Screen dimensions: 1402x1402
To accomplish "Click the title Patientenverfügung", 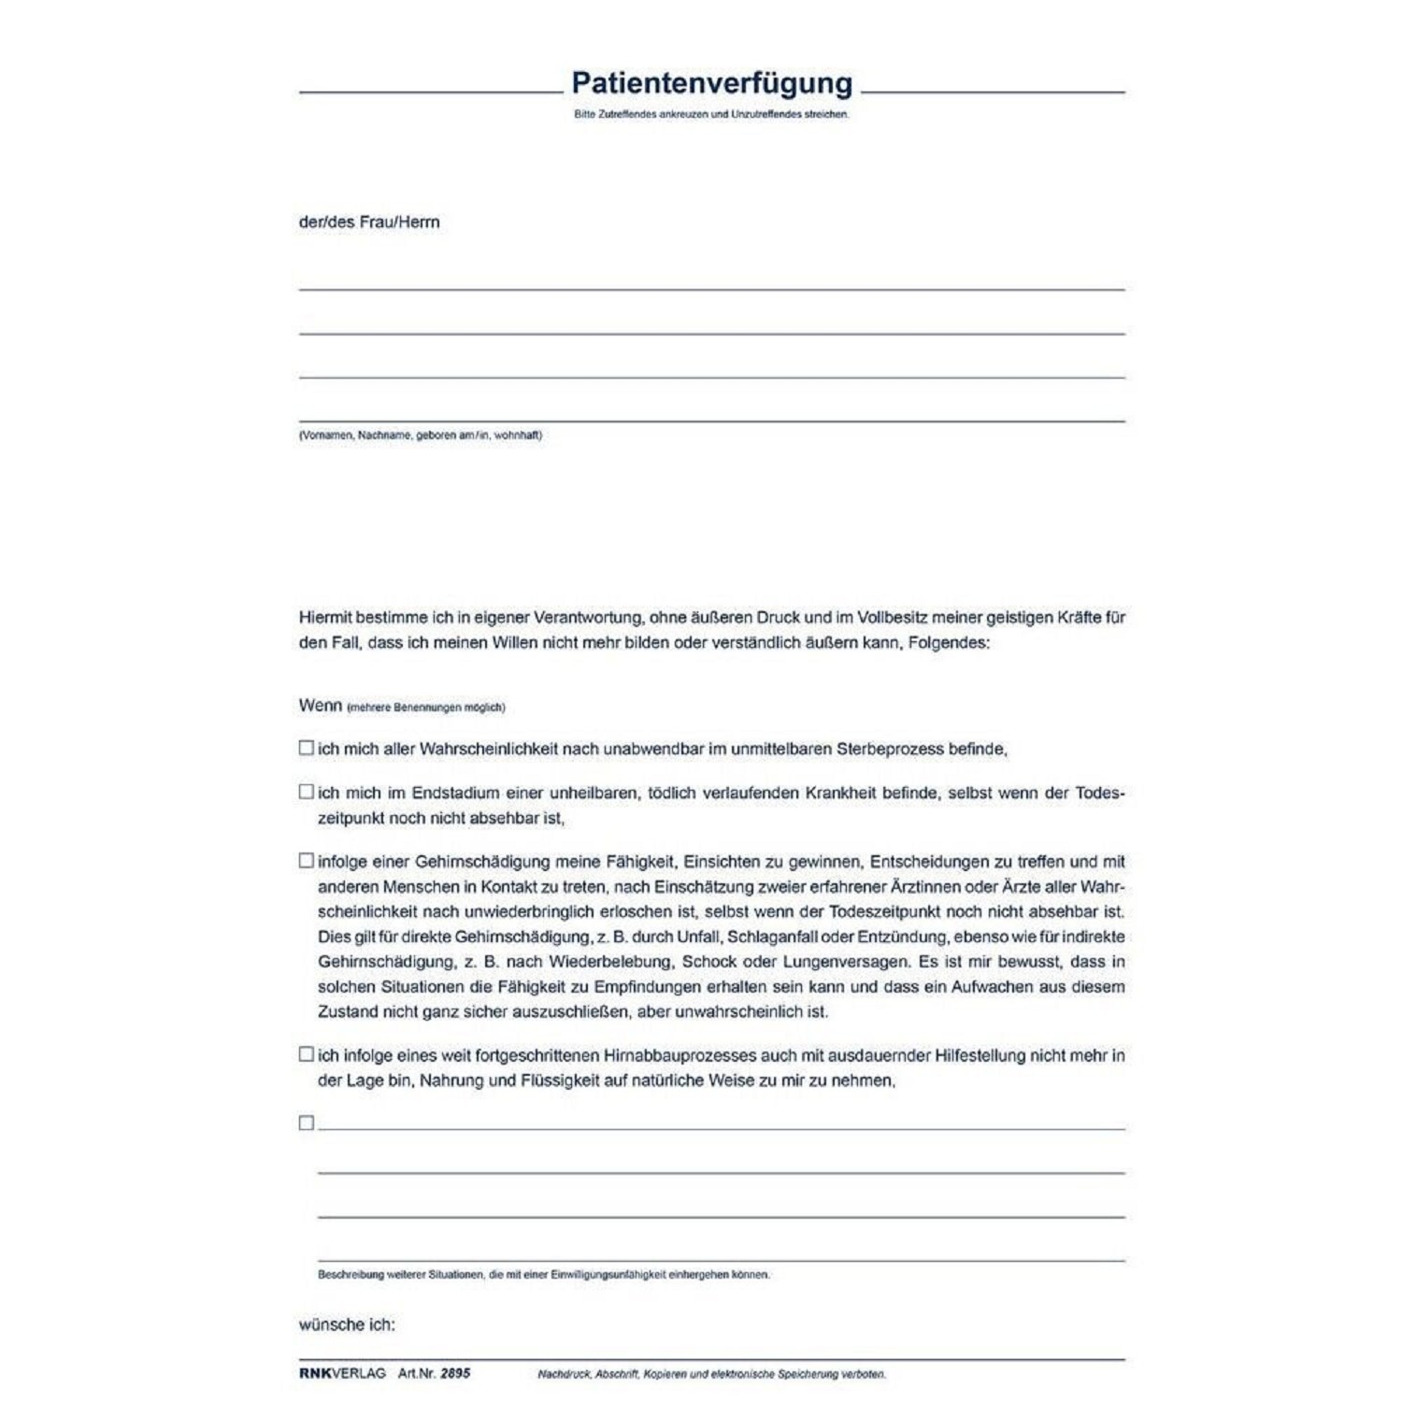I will [x=711, y=83].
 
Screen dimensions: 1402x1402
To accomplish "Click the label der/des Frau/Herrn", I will [x=369, y=222].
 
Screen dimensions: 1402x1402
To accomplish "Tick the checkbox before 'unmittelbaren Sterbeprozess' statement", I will [x=306, y=748].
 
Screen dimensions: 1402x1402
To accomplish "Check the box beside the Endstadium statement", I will [x=306, y=792].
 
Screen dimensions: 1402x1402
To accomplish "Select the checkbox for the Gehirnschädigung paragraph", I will [x=306, y=861].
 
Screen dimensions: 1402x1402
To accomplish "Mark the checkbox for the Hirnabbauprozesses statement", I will [x=306, y=1054].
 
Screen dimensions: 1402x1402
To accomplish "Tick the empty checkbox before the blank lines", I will [x=306, y=1123].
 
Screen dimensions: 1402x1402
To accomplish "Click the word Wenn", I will [x=320, y=706].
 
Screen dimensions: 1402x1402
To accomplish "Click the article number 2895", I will [x=455, y=1373].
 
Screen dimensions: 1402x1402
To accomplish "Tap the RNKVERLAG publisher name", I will [x=342, y=1373].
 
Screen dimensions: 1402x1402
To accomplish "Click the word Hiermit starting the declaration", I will [x=327, y=618].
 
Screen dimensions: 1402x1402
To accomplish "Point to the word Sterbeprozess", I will [x=890, y=749].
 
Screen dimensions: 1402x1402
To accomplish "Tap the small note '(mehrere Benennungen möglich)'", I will [x=426, y=708].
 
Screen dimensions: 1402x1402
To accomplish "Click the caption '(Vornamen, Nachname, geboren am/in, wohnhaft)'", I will [x=421, y=436].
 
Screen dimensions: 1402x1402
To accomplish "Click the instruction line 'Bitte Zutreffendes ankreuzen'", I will [x=711, y=114].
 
